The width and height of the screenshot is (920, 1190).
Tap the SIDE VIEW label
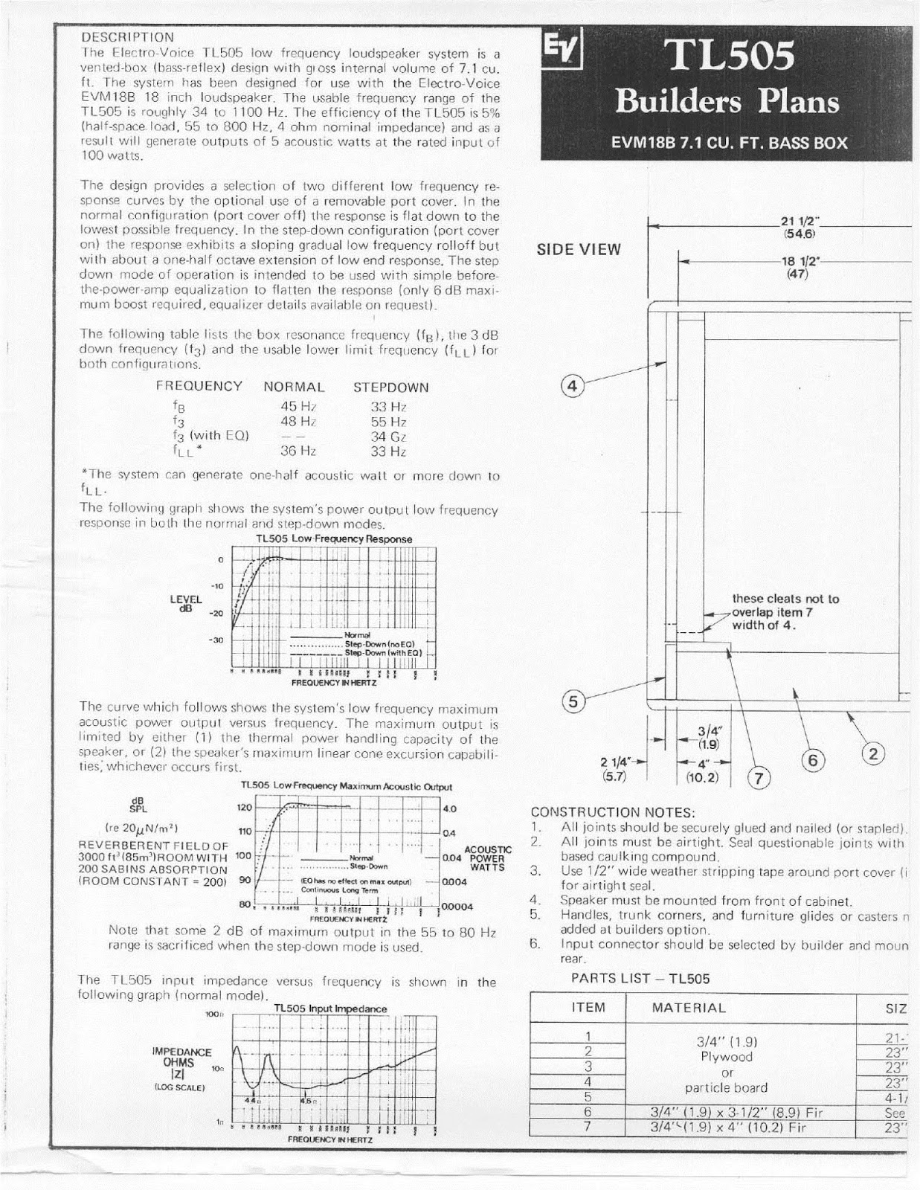click(x=579, y=250)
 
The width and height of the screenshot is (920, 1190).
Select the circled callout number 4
click(x=572, y=386)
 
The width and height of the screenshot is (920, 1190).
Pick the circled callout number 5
click(x=572, y=701)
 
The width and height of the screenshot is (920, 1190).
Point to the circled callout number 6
click(x=812, y=759)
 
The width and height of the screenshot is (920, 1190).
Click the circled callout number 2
click(x=873, y=754)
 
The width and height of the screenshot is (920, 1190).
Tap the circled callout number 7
click(x=759, y=779)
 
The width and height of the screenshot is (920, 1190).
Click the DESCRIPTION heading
click(x=127, y=36)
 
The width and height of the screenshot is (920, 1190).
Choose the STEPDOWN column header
click(x=390, y=387)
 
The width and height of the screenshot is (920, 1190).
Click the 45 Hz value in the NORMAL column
click(x=298, y=406)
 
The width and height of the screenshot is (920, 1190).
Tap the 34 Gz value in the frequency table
click(x=388, y=437)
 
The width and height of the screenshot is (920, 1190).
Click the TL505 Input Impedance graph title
click(x=330, y=1009)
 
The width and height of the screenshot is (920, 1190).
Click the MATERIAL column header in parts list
click(x=688, y=1008)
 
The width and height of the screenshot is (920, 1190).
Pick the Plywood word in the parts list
click(x=727, y=1057)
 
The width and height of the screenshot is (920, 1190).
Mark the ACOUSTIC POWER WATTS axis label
click(x=487, y=858)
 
